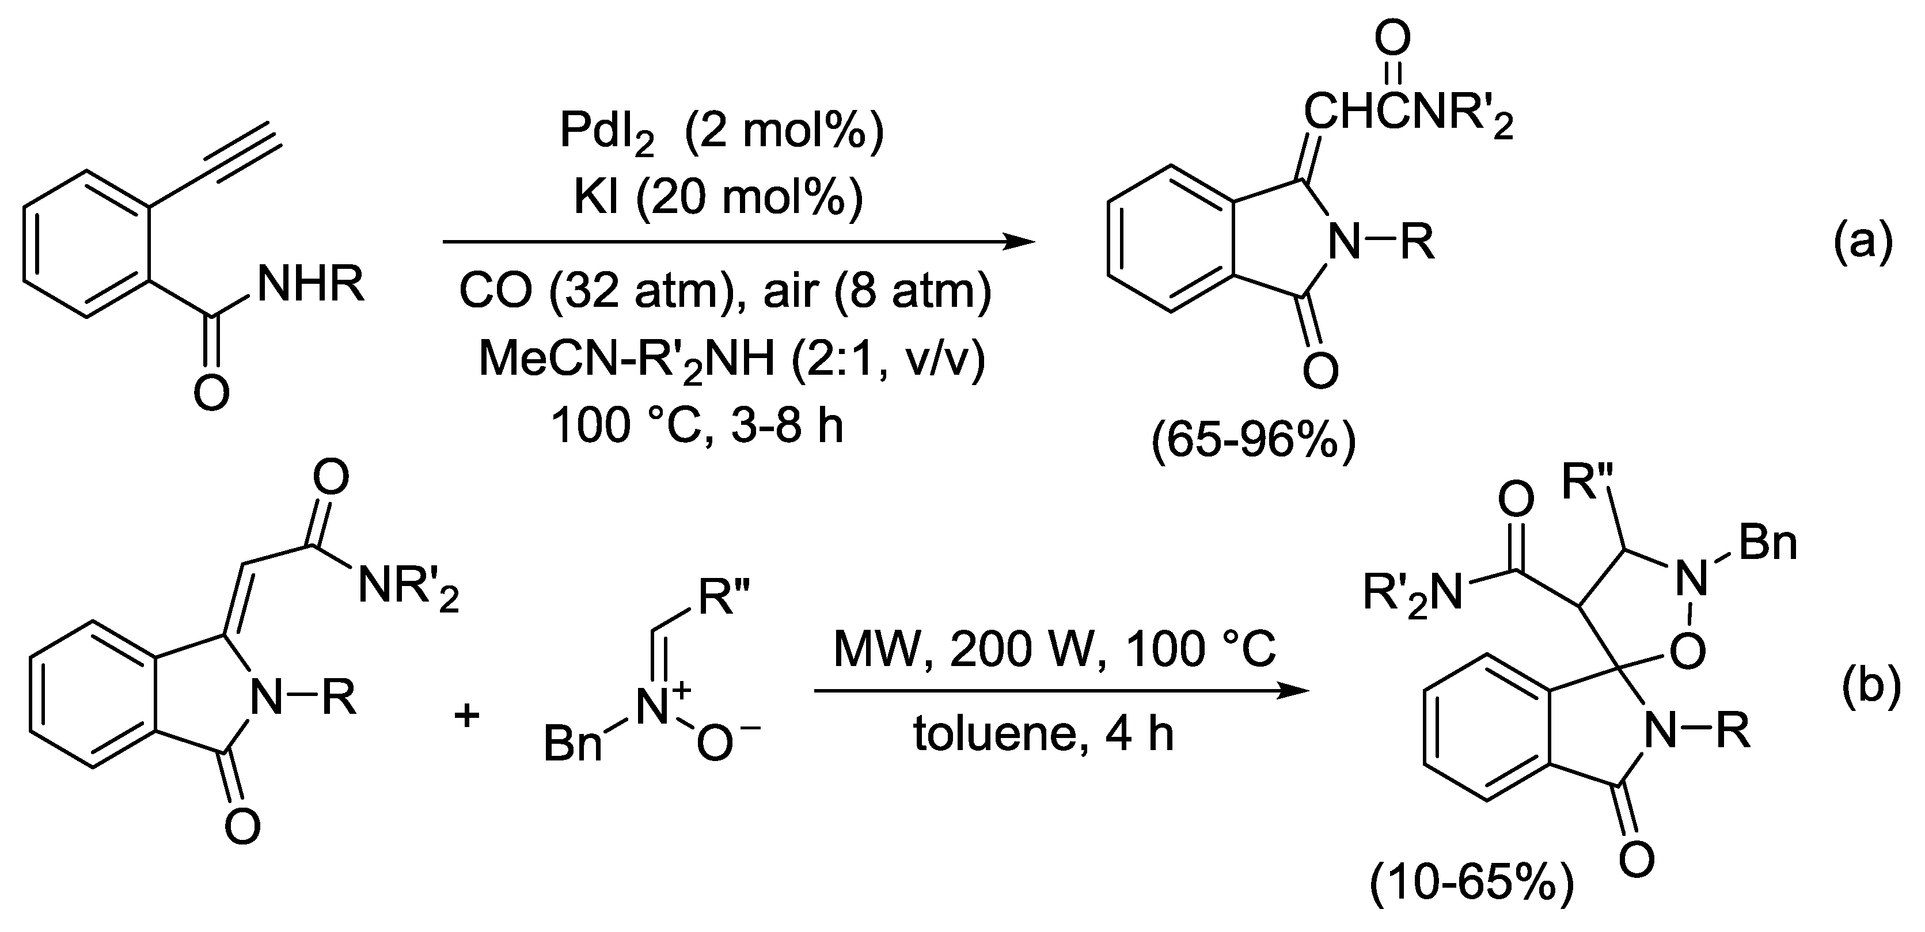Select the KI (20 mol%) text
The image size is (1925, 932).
click(718, 197)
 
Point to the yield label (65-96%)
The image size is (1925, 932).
click(1253, 444)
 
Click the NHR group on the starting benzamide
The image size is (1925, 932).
click(310, 284)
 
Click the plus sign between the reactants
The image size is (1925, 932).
click(467, 716)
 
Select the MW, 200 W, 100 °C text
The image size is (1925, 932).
click(1054, 650)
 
